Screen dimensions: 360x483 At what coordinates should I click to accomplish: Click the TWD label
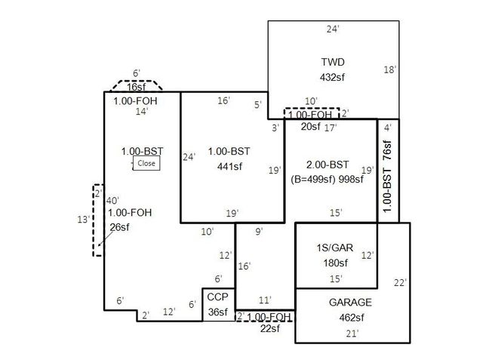tap(333, 62)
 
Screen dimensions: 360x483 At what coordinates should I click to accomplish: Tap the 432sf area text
tap(333, 77)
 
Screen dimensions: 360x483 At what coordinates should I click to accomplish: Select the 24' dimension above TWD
tap(333, 29)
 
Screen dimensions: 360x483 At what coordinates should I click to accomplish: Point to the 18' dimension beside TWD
tap(390, 69)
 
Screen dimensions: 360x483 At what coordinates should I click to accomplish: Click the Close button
tap(146, 163)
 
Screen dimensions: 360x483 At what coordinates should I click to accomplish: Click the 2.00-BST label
tap(328, 165)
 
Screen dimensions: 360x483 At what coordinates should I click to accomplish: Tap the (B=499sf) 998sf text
tap(328, 180)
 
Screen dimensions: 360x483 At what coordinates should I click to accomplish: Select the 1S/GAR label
tap(333, 248)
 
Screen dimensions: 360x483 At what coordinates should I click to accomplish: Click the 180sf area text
tap(333, 263)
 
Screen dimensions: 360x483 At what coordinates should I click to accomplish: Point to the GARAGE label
tap(350, 302)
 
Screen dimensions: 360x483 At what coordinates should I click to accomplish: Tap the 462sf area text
tap(350, 317)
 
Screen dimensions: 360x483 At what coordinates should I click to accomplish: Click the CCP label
tap(218, 297)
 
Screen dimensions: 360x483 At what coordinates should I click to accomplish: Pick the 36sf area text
tap(218, 312)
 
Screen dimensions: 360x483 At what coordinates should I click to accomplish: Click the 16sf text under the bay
tap(137, 87)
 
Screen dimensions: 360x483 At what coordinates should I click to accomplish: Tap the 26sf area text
tap(119, 226)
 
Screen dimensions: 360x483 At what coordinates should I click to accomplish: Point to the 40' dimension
tap(113, 200)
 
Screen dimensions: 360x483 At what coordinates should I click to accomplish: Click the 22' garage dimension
tap(400, 282)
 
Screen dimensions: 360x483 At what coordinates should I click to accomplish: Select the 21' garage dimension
tap(352, 332)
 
